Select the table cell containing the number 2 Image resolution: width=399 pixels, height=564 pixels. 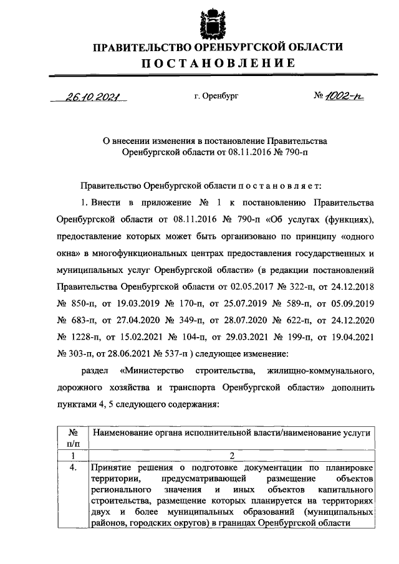click(x=232, y=456)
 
